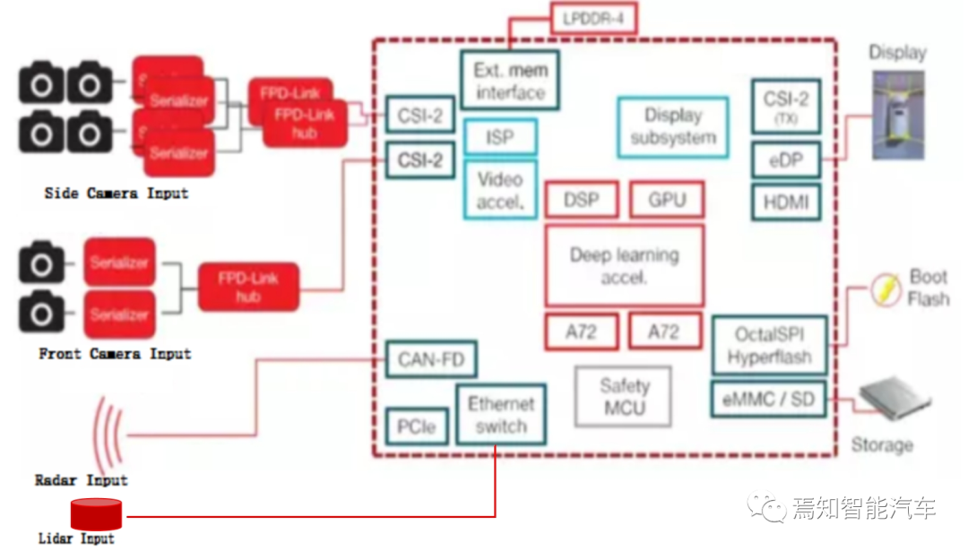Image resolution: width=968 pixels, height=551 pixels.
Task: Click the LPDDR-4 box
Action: coord(592,17)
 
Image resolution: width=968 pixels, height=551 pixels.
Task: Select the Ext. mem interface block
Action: coord(510,81)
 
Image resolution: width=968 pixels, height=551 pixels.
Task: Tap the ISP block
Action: coord(500,138)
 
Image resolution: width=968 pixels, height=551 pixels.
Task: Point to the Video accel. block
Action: coord(500,190)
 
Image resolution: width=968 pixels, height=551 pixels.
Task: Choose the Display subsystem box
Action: coord(672,127)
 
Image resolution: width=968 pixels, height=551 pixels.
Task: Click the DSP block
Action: coord(581,200)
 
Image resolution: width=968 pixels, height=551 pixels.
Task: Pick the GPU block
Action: coord(666,200)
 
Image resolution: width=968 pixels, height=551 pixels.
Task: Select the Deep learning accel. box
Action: coord(624,266)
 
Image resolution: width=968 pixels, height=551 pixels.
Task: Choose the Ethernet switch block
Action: coord(501,415)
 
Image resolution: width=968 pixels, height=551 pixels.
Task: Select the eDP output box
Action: coord(785,161)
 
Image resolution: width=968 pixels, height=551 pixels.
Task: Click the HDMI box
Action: coord(785,202)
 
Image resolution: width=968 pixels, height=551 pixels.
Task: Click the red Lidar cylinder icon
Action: coord(96,514)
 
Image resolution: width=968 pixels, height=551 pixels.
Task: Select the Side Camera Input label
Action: coord(117,193)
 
